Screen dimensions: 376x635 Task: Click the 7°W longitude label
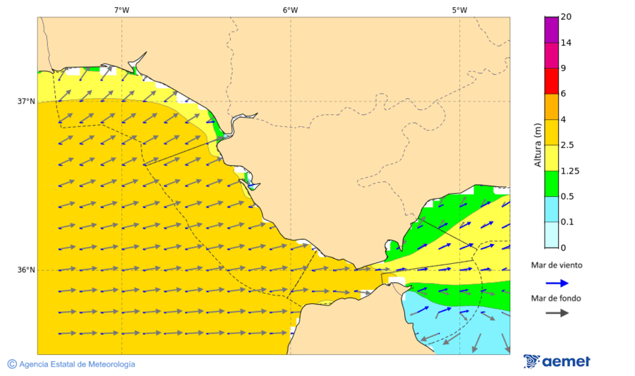tap(121, 10)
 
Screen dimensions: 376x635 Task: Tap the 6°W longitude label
tap(290, 10)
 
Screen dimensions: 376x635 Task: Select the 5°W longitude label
tap(459, 10)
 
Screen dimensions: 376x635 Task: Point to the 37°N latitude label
tap(26, 102)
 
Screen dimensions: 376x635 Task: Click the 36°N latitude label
tap(26, 270)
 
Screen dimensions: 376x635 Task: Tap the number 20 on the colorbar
tap(566, 17)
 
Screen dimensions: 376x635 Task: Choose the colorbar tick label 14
tap(566, 43)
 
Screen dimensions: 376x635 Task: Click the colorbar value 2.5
tap(567, 145)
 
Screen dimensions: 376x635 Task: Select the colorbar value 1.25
tap(569, 171)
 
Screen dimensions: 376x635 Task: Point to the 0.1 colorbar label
tap(567, 222)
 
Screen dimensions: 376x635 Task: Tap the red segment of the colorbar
tap(551, 81)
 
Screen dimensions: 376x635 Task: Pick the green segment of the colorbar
tap(551, 183)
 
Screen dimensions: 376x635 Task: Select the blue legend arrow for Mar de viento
tap(557, 283)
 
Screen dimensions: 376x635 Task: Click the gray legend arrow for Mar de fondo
tap(557, 313)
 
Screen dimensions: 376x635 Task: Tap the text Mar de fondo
tap(557, 298)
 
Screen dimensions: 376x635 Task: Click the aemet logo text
tap(566, 362)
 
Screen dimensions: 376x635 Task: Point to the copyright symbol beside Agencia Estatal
tap(12, 364)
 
